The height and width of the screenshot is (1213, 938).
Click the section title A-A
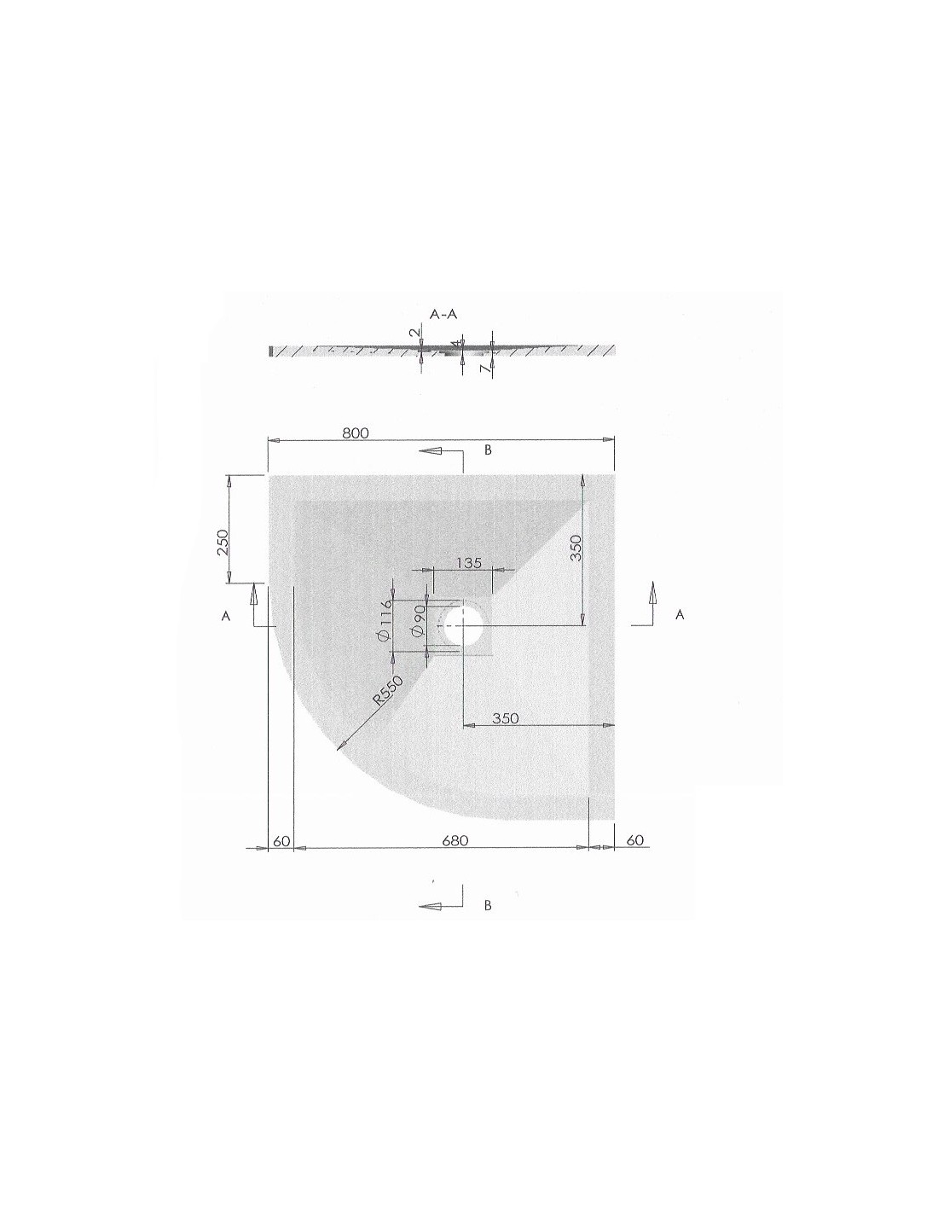point(443,314)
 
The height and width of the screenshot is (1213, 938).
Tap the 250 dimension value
point(223,542)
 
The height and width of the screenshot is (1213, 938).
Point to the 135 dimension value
point(469,563)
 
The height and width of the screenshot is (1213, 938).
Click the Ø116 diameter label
point(385,624)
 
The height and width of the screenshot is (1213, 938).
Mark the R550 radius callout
point(387,692)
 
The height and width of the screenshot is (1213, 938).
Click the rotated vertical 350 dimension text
point(576,548)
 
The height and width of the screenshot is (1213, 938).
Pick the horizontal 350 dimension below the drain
point(505,718)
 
